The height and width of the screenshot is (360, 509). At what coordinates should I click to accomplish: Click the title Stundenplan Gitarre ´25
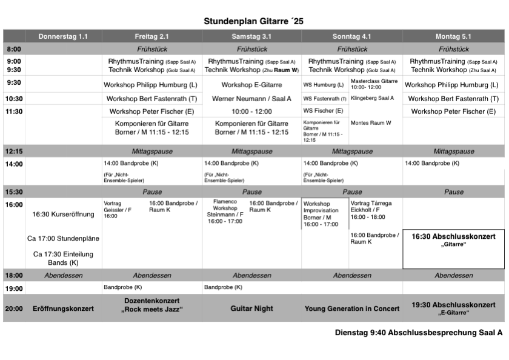pos(253,21)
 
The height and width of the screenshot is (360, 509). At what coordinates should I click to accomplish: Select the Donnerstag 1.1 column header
pos(63,36)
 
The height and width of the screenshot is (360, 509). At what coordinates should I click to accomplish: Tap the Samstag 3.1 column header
pos(251,36)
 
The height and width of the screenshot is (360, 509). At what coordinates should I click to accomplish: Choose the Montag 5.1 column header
pos(453,36)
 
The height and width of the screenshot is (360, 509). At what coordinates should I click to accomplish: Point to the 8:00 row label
pos(14,49)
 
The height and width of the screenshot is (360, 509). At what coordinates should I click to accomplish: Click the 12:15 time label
pos(14,152)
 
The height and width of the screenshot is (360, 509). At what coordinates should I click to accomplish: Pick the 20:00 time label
pos(14,308)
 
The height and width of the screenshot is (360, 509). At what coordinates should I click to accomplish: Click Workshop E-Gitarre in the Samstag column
pos(251,85)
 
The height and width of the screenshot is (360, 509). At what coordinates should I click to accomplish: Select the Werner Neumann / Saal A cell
pos(251,99)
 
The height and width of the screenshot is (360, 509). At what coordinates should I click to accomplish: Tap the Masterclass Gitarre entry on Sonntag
pos(374,84)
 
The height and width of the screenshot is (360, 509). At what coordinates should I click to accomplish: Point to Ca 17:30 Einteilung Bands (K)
pos(63,258)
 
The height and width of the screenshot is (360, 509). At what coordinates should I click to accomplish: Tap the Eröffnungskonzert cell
pos(63,308)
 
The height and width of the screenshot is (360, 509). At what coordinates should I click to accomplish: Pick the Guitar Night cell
pos(251,308)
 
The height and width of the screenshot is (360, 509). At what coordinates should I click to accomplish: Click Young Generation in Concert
pos(352,308)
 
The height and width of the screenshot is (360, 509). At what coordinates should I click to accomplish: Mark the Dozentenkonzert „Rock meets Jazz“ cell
pos(152,305)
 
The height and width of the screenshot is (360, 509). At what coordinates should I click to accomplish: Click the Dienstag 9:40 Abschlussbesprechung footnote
pos(419,333)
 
